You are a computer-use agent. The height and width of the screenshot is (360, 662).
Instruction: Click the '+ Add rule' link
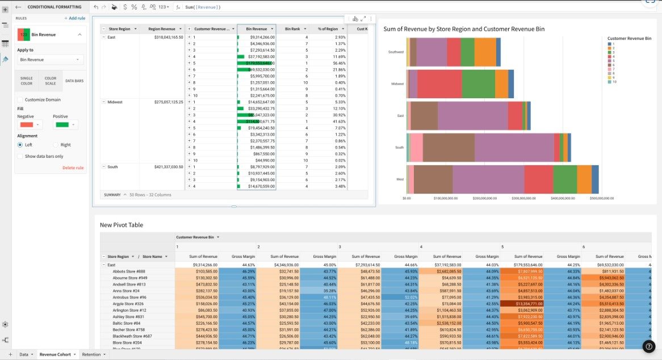coord(74,18)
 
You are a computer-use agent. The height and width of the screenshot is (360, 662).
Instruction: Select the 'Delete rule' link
coord(73,168)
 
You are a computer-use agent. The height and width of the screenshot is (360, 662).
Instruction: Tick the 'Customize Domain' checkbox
coord(20,99)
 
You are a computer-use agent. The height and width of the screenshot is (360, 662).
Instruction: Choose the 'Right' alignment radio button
coord(56,145)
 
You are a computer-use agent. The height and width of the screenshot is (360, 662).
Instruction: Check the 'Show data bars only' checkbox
coord(20,156)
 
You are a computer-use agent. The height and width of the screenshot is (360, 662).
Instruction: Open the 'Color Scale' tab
coord(51,81)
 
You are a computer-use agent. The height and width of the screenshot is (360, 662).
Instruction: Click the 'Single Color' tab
coord(26,81)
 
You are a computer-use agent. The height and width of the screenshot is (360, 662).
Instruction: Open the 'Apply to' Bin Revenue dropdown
coord(50,60)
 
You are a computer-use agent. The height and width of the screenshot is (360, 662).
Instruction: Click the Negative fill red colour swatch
coord(29,124)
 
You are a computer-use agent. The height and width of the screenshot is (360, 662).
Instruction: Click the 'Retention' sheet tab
coord(91,354)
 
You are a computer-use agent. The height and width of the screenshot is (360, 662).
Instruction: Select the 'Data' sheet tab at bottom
coord(24,354)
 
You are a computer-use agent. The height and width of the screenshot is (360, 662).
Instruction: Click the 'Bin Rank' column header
coord(292,28)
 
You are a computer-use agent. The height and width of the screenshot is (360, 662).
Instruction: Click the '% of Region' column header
coord(328,28)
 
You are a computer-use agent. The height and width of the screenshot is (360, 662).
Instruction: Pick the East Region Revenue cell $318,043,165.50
coord(165,37)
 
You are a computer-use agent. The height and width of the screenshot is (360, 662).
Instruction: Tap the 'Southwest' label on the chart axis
coord(396,52)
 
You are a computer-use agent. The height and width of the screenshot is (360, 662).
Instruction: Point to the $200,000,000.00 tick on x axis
coord(484,198)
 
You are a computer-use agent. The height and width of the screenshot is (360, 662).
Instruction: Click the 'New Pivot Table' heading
coord(121,225)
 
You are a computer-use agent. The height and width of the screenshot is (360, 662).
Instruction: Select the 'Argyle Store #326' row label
coord(129,304)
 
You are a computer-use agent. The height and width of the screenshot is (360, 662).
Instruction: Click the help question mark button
coord(649,346)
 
